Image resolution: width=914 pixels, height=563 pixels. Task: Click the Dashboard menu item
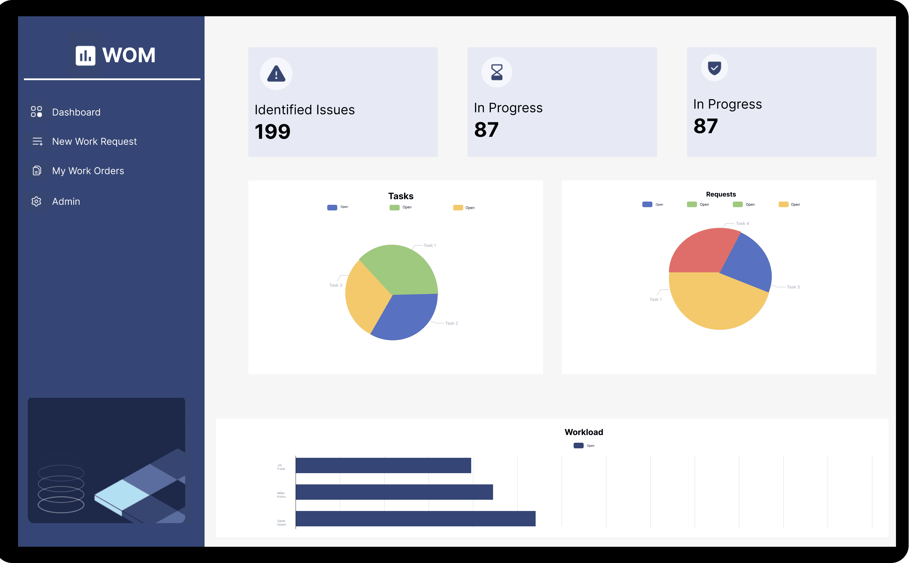(x=76, y=112)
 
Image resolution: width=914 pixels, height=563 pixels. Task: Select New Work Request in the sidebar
(x=94, y=142)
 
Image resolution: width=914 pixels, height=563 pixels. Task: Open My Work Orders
(x=88, y=171)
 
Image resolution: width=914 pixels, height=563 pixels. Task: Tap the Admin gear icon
(x=36, y=202)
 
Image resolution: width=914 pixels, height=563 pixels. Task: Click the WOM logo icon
(x=86, y=56)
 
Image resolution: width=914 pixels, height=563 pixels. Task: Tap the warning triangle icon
(x=276, y=73)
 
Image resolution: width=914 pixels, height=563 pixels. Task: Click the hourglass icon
(x=497, y=72)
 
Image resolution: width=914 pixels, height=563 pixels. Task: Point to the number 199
(x=272, y=132)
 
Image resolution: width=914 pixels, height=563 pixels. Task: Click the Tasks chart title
(x=400, y=196)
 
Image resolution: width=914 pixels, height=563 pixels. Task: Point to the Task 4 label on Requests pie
(x=742, y=223)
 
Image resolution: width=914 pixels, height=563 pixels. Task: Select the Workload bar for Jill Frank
(x=383, y=465)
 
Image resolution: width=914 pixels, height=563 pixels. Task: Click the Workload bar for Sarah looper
(x=415, y=519)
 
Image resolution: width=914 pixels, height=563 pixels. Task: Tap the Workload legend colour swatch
(x=578, y=446)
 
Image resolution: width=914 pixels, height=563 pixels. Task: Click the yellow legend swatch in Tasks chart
(x=458, y=208)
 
